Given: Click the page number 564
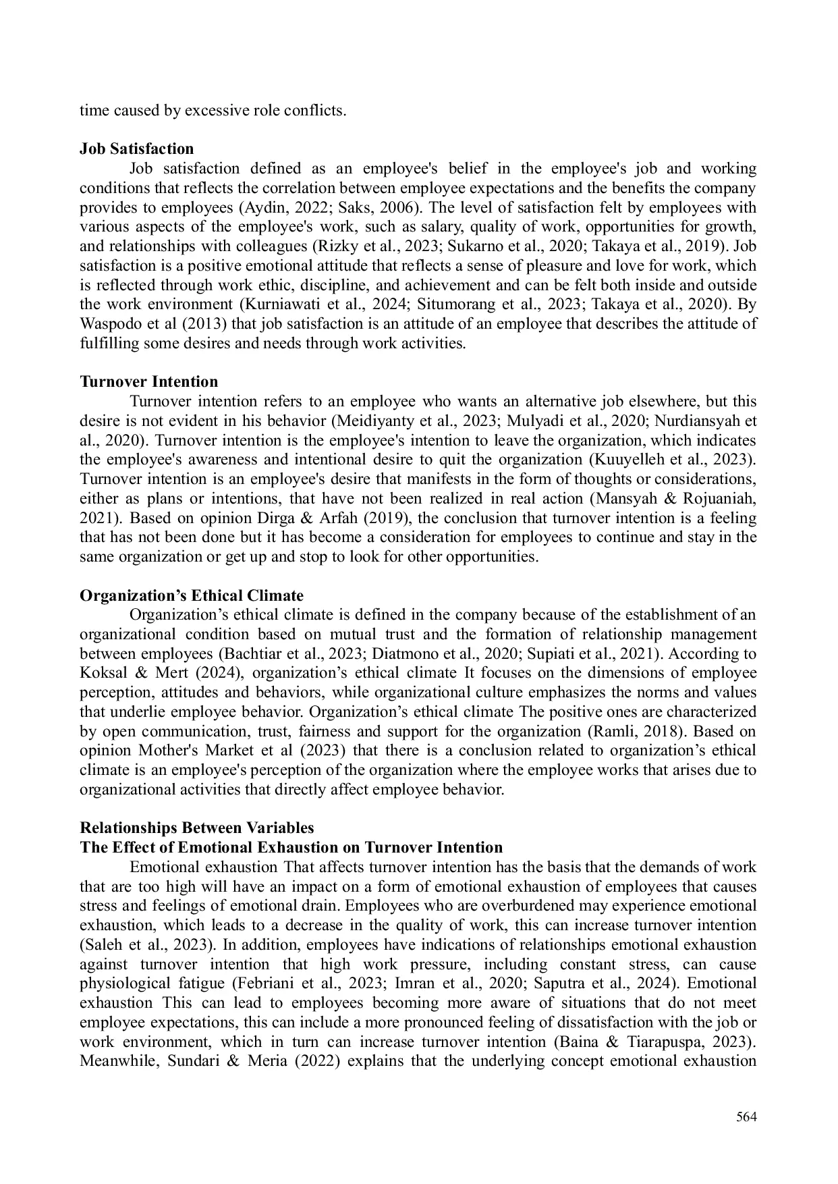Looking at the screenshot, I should (x=746, y=1117).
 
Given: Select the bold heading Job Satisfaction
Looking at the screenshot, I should (x=136, y=149).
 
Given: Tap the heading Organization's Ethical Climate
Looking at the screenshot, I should (x=192, y=595).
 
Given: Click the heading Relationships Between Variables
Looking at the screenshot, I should (x=196, y=828).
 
